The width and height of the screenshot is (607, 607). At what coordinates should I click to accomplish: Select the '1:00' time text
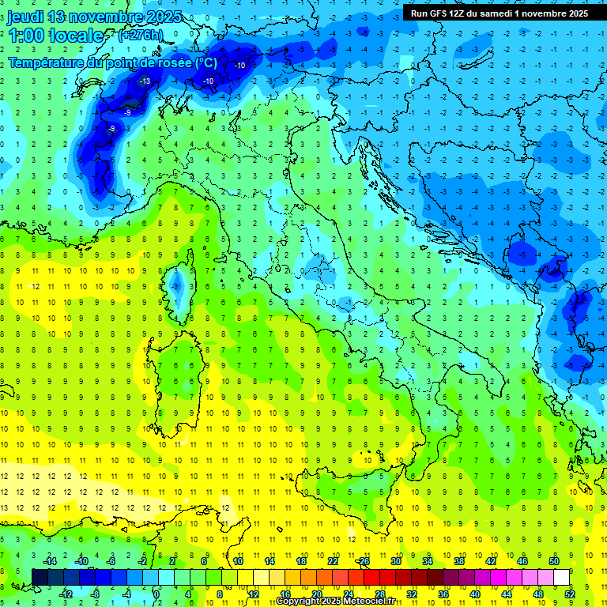(26, 36)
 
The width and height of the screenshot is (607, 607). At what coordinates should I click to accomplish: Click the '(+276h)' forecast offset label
(140, 36)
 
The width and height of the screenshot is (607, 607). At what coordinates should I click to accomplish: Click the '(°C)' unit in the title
(205, 62)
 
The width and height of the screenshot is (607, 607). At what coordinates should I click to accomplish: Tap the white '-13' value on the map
(145, 81)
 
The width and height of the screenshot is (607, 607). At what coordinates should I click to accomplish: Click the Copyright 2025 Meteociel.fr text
(335, 601)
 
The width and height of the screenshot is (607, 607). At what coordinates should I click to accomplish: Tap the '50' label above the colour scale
(554, 561)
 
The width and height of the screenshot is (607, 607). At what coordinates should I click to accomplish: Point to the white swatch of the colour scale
(561, 577)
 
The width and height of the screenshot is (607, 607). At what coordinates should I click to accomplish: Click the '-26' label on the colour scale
(363, 561)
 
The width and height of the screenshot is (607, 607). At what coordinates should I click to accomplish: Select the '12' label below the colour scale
(254, 594)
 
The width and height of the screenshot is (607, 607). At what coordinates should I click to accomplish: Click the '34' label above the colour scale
(428, 561)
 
